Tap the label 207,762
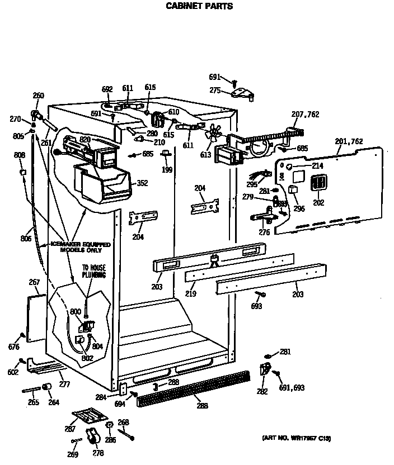pyautogui.click(x=306, y=115)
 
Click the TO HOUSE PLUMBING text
pyautogui.click(x=94, y=272)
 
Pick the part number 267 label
pyautogui.click(x=35, y=283)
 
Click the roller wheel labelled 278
pyautogui.click(x=92, y=436)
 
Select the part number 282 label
pyautogui.click(x=261, y=391)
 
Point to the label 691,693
pyautogui.click(x=292, y=387)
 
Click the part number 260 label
pyautogui.click(x=38, y=96)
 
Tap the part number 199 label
pyautogui.click(x=166, y=169)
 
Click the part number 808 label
pyautogui.click(x=20, y=155)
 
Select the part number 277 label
pyautogui.click(x=65, y=385)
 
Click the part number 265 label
pyautogui.click(x=33, y=402)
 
